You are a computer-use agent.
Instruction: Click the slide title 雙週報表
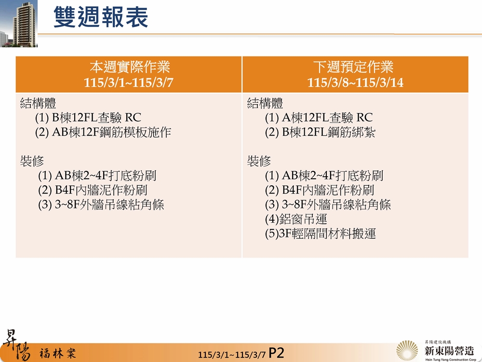pyautogui.click(x=100, y=17)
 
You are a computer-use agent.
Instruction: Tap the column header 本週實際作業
pyautogui.click(x=129, y=67)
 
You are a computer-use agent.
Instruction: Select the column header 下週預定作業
pyautogui.click(x=355, y=67)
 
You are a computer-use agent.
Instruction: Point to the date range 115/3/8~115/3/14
pyautogui.click(x=355, y=83)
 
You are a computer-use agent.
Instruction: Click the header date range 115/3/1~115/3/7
pyautogui.click(x=129, y=83)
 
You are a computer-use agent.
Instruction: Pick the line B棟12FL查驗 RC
pyautogui.click(x=88, y=118)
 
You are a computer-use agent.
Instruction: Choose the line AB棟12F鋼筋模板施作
pyautogui.click(x=103, y=133)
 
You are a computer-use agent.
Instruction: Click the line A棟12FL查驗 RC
pyautogui.click(x=319, y=118)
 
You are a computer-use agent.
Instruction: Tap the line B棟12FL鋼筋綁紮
pyautogui.click(x=320, y=133)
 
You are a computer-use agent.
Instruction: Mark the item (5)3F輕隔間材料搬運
pyautogui.click(x=320, y=235)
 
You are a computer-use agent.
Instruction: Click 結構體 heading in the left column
pyautogui.click(x=38, y=103)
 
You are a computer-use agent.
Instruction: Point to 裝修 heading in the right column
pyautogui.click(x=259, y=161)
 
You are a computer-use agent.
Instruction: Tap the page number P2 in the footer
pyautogui.click(x=277, y=352)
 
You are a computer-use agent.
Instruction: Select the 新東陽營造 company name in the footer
pyautogui.click(x=449, y=349)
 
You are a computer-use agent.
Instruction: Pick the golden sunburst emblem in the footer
pyautogui.click(x=407, y=350)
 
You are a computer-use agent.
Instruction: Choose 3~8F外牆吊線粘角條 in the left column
pyautogui.click(x=101, y=205)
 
